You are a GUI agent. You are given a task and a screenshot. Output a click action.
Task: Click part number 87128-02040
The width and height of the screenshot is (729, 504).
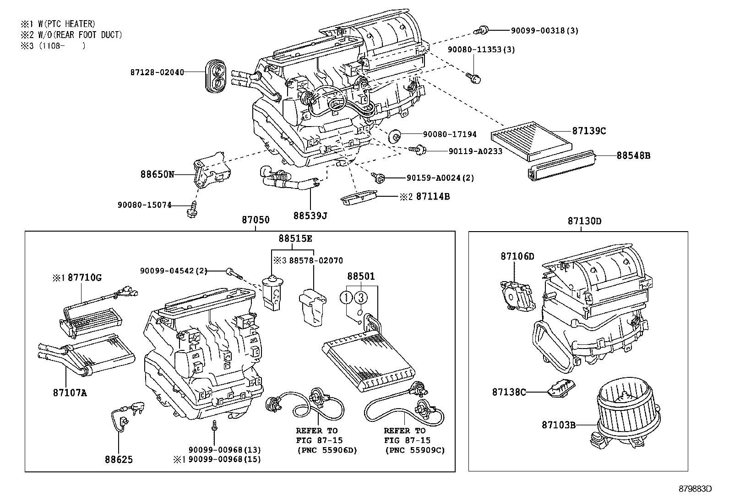(x=157, y=72)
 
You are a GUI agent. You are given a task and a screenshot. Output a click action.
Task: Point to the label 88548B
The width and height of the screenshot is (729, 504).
(x=633, y=155)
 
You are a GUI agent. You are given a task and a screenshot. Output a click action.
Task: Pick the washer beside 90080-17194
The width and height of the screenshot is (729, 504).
(x=395, y=136)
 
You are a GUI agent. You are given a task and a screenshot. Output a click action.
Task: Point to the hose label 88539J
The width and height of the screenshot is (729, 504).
(x=310, y=215)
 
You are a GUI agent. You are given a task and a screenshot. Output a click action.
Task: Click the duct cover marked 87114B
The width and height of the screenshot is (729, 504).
(x=359, y=199)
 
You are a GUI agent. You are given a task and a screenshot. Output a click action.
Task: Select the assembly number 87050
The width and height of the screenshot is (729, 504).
(x=256, y=221)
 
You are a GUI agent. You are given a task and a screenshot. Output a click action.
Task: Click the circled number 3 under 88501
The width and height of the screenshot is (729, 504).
(x=360, y=298)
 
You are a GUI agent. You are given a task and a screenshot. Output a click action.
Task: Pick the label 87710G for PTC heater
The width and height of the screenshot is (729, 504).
(x=85, y=277)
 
